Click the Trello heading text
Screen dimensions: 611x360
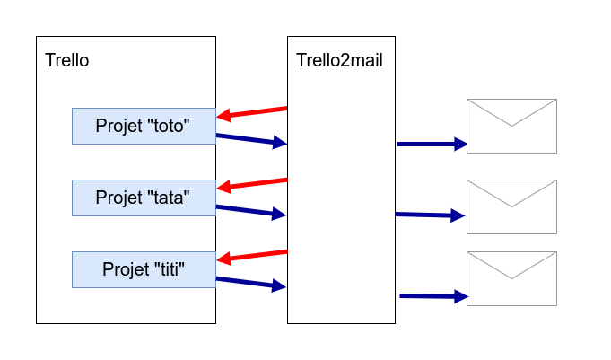tap(67, 60)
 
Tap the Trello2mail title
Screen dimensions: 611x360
tap(339, 60)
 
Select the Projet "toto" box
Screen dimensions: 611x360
tap(144, 126)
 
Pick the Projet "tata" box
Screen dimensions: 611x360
tap(144, 198)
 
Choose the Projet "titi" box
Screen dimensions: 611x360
tap(144, 269)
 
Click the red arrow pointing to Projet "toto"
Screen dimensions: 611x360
tap(252, 113)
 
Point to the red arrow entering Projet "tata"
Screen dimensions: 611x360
tap(252, 185)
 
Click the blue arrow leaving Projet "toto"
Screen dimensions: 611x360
tap(252, 140)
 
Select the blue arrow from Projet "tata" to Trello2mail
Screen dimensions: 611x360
tap(251, 211)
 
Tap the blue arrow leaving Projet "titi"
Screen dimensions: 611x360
tap(251, 283)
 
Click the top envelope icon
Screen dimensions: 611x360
tap(511, 126)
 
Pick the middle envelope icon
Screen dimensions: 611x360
tap(511, 206)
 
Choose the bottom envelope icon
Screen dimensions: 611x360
tap(511, 278)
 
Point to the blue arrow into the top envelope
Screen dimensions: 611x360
tap(432, 144)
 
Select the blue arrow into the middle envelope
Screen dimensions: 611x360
tap(430, 215)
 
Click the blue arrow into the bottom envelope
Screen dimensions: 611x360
tap(433, 296)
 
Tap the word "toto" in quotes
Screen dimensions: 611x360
tap(169, 126)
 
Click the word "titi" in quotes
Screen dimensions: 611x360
tap(170, 269)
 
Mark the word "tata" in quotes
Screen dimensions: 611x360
tap(169, 198)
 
